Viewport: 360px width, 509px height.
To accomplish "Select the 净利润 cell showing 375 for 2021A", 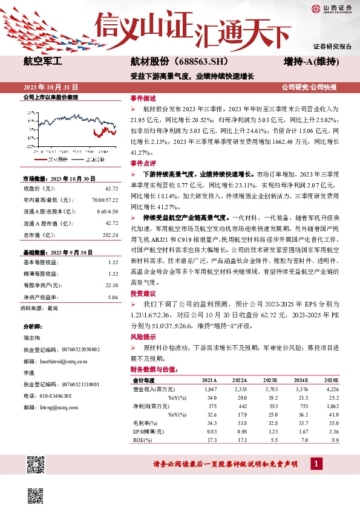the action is [211, 406].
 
